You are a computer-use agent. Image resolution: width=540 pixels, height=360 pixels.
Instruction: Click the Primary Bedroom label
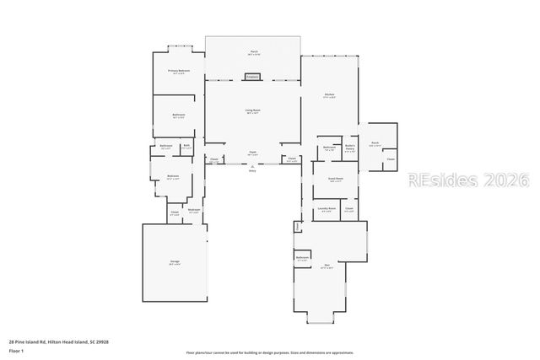pyautogui.click(x=178, y=71)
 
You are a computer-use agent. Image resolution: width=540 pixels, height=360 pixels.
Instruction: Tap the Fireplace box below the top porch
pyautogui.click(x=251, y=77)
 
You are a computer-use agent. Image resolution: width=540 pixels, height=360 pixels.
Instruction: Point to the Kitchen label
pyautogui.click(x=329, y=94)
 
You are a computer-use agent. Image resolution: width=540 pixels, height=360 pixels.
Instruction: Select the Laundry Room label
pyautogui.click(x=326, y=208)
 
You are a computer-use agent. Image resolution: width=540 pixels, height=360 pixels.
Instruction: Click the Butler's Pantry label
pyautogui.click(x=349, y=148)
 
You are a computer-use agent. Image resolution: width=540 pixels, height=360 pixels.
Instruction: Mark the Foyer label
pyautogui.click(x=252, y=153)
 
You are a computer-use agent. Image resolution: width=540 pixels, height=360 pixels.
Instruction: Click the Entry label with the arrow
pyautogui.click(x=252, y=170)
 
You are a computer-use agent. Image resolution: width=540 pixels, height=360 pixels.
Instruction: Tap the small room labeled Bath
pyautogui.click(x=186, y=146)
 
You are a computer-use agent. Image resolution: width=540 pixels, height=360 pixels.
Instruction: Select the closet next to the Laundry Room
pyautogui.click(x=348, y=208)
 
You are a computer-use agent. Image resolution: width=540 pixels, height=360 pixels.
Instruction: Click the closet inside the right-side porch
pyautogui.click(x=390, y=159)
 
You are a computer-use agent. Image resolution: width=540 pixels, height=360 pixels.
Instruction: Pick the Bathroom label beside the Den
pyautogui.click(x=302, y=258)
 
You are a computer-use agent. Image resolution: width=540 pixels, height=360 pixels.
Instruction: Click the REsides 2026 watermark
pyautogui.click(x=468, y=180)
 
